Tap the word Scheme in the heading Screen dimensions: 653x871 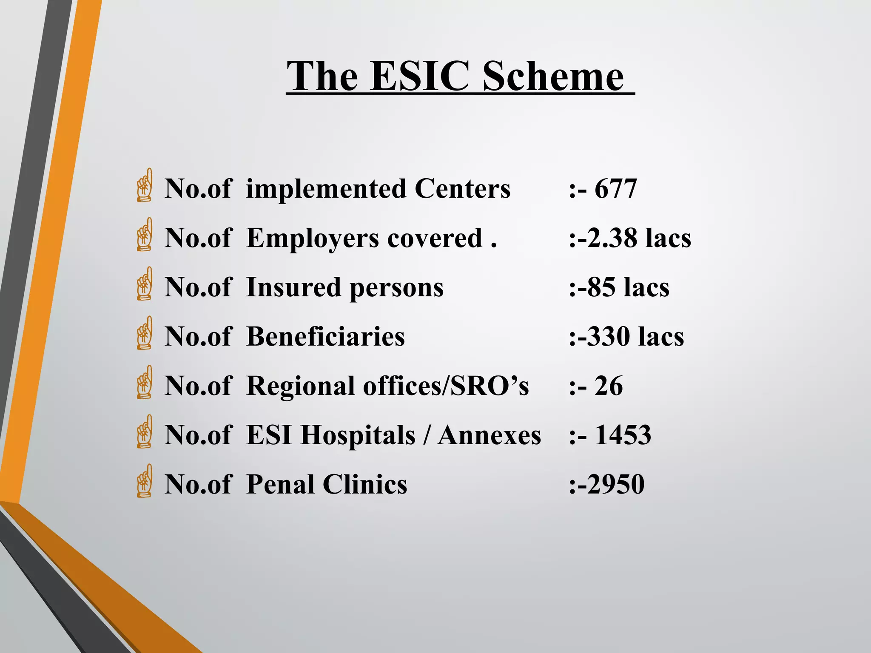click(553, 77)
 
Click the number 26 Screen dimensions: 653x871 click(609, 386)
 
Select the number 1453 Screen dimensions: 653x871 click(623, 435)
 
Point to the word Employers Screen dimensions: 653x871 click(313, 238)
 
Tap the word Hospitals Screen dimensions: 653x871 click(358, 436)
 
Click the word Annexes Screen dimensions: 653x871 click(489, 435)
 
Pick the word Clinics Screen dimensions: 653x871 click(364, 484)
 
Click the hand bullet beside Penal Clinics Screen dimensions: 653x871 click(145, 481)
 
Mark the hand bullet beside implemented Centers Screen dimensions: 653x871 click(145, 185)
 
